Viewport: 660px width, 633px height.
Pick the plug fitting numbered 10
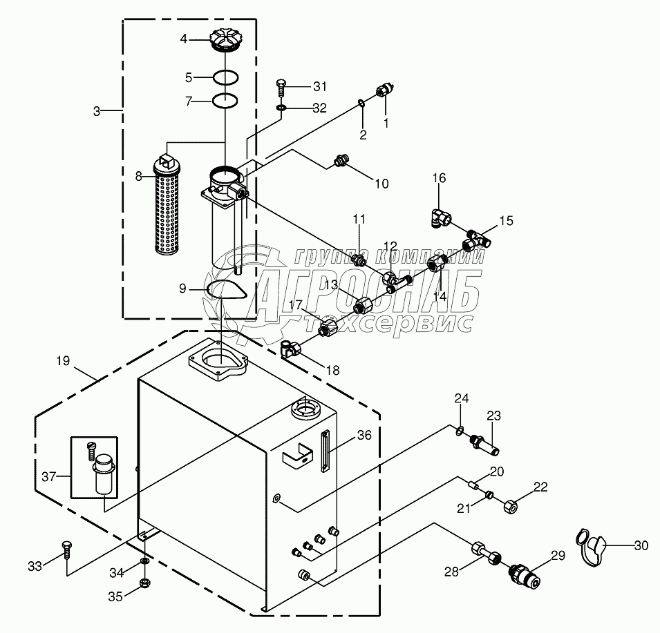340,161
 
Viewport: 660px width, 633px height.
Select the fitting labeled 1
384,92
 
